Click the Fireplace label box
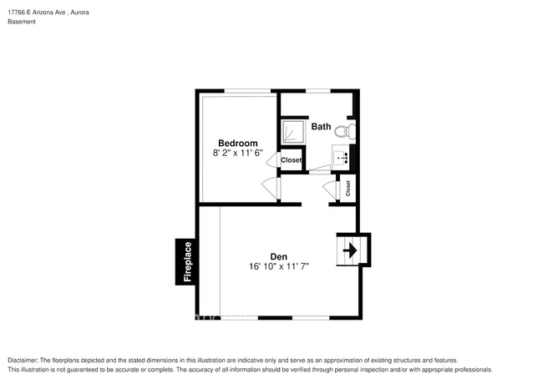click(x=187, y=262)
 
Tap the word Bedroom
click(x=238, y=143)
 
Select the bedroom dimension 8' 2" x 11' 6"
click(x=238, y=154)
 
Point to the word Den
click(x=278, y=256)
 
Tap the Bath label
click(x=322, y=127)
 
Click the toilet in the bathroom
click(x=348, y=130)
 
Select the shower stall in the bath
click(x=293, y=132)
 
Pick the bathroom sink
click(x=341, y=156)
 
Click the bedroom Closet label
click(x=292, y=160)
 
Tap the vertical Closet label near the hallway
click(x=348, y=189)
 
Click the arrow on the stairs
click(x=352, y=249)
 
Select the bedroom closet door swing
click(x=273, y=160)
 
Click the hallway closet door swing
click(x=328, y=189)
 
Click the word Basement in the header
click(x=22, y=23)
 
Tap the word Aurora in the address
click(x=79, y=13)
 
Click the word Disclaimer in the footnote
click(x=25, y=360)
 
